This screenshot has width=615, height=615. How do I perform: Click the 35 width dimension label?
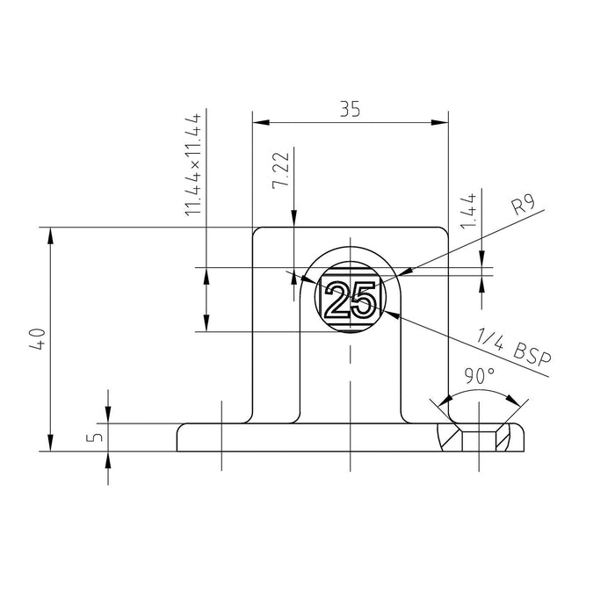point(350,109)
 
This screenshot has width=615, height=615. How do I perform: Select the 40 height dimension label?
point(38,338)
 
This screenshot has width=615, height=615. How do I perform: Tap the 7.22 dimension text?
point(281,170)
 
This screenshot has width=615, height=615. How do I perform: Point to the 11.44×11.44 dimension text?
point(193,165)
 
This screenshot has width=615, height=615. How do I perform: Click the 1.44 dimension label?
point(468,211)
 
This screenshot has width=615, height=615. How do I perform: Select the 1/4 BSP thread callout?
point(514,348)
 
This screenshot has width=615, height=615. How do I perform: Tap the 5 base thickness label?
point(95,437)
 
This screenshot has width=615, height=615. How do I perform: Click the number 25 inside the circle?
point(350,300)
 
